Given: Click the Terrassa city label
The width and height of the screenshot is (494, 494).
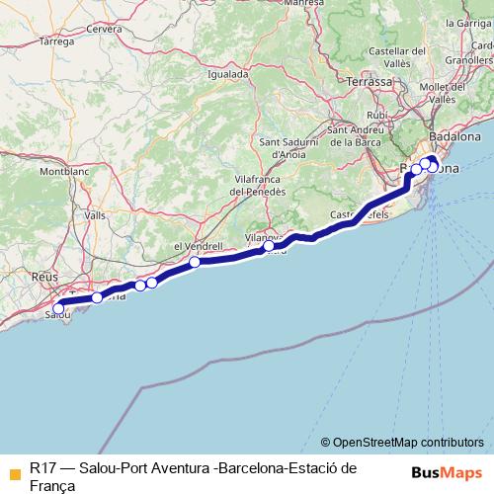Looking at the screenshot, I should pyautogui.click(x=370, y=83).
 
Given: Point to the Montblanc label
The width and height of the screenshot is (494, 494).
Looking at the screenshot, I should pyautogui.click(x=63, y=171).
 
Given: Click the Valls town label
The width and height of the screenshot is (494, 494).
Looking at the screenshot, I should pyautogui.click(x=95, y=214).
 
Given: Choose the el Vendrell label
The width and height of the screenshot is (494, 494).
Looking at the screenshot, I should pyautogui.click(x=194, y=246).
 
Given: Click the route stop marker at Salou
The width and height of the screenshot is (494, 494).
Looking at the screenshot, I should pyautogui.click(x=58, y=309).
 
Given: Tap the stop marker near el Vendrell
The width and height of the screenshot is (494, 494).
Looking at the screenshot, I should pyautogui.click(x=196, y=262).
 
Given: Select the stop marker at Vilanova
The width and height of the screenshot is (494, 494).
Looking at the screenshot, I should pyautogui.click(x=269, y=246).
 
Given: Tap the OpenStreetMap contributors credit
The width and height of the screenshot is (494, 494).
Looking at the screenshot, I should pyautogui.click(x=402, y=443).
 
